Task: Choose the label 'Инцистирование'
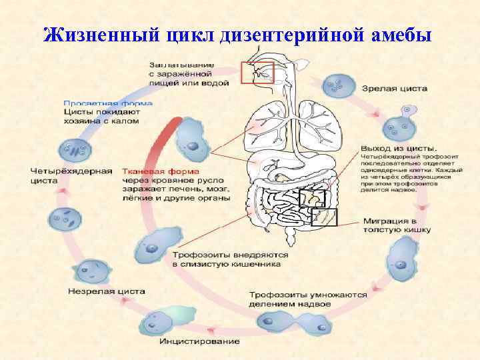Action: point(199,342)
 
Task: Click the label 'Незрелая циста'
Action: point(106,291)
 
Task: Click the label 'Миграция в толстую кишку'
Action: point(397,225)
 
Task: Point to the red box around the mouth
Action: point(258,73)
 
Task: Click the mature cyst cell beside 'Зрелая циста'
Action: point(338,86)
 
